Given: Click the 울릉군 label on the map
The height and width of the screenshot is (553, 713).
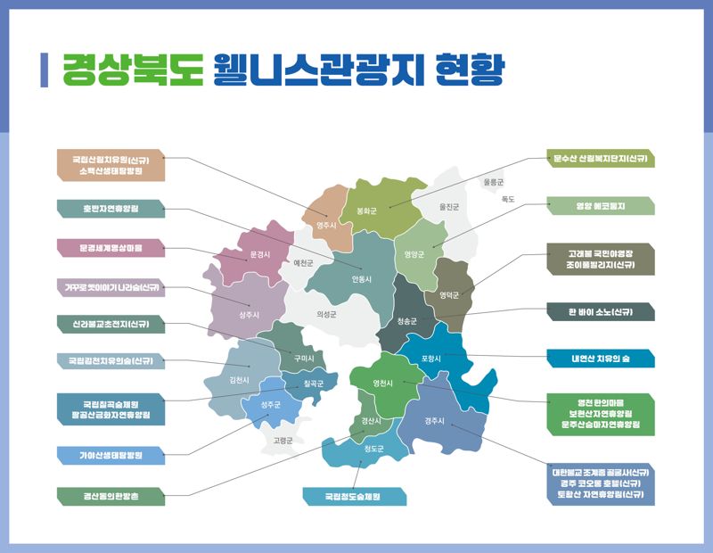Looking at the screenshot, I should (x=493, y=182).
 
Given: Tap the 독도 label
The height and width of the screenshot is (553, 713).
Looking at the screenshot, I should (x=508, y=199).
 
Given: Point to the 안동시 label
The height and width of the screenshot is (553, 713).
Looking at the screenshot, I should (x=361, y=278).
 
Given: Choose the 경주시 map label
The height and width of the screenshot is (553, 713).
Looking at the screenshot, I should (x=434, y=421).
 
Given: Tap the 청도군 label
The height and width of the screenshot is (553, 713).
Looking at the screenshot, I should (x=373, y=449).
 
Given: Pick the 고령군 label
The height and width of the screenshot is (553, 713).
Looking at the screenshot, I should (x=283, y=441).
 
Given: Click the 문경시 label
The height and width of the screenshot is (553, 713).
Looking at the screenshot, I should (x=260, y=254).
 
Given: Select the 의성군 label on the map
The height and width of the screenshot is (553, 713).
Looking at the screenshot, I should (x=327, y=314).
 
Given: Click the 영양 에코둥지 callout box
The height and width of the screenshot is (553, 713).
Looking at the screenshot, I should (x=600, y=206).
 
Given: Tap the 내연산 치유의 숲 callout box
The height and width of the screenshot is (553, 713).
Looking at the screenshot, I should (x=600, y=359).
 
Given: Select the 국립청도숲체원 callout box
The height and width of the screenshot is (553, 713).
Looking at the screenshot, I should (x=354, y=496).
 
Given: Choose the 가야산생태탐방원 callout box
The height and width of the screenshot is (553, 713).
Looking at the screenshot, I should (x=111, y=456).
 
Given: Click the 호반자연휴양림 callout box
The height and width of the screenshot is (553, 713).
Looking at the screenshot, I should (x=111, y=208).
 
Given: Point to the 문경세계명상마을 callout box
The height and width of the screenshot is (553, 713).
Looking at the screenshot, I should (x=111, y=247).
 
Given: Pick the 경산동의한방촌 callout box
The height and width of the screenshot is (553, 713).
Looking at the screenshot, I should (x=111, y=495).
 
